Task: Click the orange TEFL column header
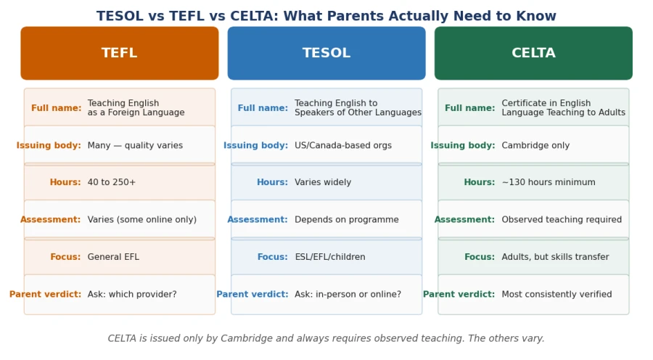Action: tap(120, 53)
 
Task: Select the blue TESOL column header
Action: tap(326, 53)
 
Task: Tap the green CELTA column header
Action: tap(533, 53)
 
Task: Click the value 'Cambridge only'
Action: tap(535, 145)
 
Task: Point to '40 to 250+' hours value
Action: tap(112, 182)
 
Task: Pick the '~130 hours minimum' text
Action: tap(549, 182)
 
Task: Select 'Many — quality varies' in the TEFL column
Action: tap(135, 145)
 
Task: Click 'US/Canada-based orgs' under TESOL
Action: tap(343, 145)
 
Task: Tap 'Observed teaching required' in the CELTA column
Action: tap(562, 220)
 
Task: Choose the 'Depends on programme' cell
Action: tap(347, 220)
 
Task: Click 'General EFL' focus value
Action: tap(113, 257)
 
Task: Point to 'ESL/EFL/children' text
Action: tap(330, 257)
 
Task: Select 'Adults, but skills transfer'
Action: tap(555, 257)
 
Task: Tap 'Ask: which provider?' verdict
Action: tap(132, 294)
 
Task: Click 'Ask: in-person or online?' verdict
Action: tap(348, 294)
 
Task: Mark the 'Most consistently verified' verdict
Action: tap(557, 294)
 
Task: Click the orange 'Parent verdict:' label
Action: tap(46, 294)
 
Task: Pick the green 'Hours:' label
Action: tap(480, 182)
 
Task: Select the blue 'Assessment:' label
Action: tap(258, 220)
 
